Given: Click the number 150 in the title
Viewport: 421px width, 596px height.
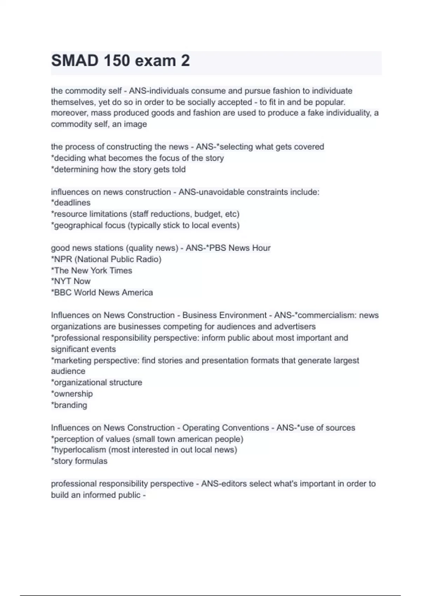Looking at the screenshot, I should (116, 61).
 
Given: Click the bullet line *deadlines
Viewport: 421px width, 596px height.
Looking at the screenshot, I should (71, 203).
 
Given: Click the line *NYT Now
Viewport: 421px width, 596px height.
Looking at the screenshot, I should (71, 281).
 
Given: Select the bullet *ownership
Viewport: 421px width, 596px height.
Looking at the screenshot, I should (72, 394).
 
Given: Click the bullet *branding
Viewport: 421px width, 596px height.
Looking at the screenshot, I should (69, 405).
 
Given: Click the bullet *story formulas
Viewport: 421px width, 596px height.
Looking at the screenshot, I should (79, 461).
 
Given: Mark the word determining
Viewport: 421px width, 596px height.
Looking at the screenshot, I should (75, 169).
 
